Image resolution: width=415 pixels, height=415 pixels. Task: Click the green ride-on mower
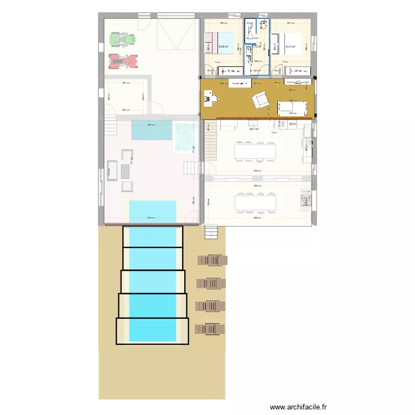(122, 39)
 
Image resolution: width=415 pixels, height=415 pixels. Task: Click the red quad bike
(123, 61)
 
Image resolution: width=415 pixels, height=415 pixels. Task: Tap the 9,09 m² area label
(224, 47)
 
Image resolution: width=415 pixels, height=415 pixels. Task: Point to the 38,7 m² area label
(255, 129)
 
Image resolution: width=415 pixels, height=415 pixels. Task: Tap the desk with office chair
(211, 99)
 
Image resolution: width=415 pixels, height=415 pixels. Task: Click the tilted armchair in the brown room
(260, 101)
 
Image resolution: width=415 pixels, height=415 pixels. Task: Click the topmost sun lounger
(212, 260)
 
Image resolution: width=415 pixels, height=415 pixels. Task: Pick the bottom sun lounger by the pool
(210, 329)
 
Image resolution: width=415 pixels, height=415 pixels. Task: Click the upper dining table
(255, 150)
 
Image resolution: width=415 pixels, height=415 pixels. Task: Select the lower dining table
(255, 202)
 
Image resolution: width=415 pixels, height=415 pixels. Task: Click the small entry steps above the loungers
(211, 232)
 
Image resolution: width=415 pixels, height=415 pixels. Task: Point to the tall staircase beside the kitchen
(210, 141)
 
